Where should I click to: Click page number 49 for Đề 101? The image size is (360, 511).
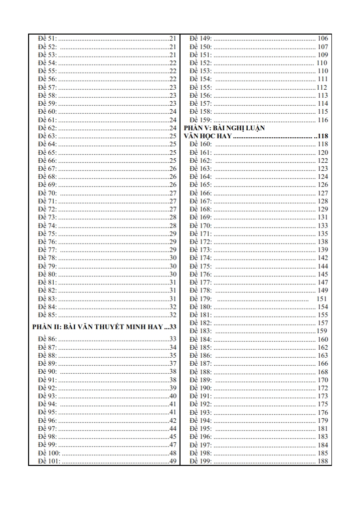[x=173, y=461]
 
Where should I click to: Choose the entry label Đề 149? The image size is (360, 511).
[x=201, y=39]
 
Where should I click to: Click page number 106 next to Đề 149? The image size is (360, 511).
[x=323, y=39]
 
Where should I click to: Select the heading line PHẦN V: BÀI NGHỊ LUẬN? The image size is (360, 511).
[x=224, y=128]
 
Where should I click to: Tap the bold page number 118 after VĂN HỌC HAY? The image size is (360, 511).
[x=321, y=136]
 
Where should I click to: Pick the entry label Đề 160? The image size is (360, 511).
[x=201, y=144]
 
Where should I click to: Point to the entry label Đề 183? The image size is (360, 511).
[x=201, y=331]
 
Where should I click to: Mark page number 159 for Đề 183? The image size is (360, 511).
[x=322, y=331]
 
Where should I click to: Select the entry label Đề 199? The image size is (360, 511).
[x=201, y=461]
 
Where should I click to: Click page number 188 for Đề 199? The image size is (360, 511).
[x=323, y=461]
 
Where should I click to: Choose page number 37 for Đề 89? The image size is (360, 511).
[x=173, y=363]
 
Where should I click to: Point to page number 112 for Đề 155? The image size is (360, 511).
[x=322, y=87]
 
